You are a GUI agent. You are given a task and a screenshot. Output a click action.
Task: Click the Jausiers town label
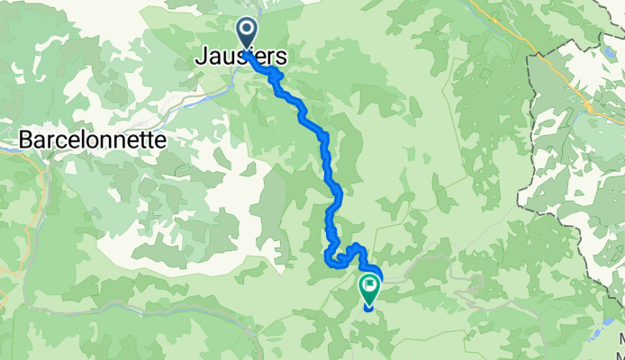(x=241, y=57)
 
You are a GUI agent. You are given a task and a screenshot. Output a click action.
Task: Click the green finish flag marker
(x=369, y=288)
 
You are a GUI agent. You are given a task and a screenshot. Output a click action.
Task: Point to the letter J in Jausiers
(x=201, y=57)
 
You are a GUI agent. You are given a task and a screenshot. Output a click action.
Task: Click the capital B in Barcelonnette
(x=26, y=140)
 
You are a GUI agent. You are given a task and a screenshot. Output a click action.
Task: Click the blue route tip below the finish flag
(x=368, y=308)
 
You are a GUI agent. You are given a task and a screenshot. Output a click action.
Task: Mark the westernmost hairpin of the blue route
(x=326, y=260)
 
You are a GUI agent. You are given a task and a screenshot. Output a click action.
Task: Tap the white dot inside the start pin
(x=247, y=30)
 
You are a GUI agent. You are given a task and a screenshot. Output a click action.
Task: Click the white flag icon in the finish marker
(x=369, y=285)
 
